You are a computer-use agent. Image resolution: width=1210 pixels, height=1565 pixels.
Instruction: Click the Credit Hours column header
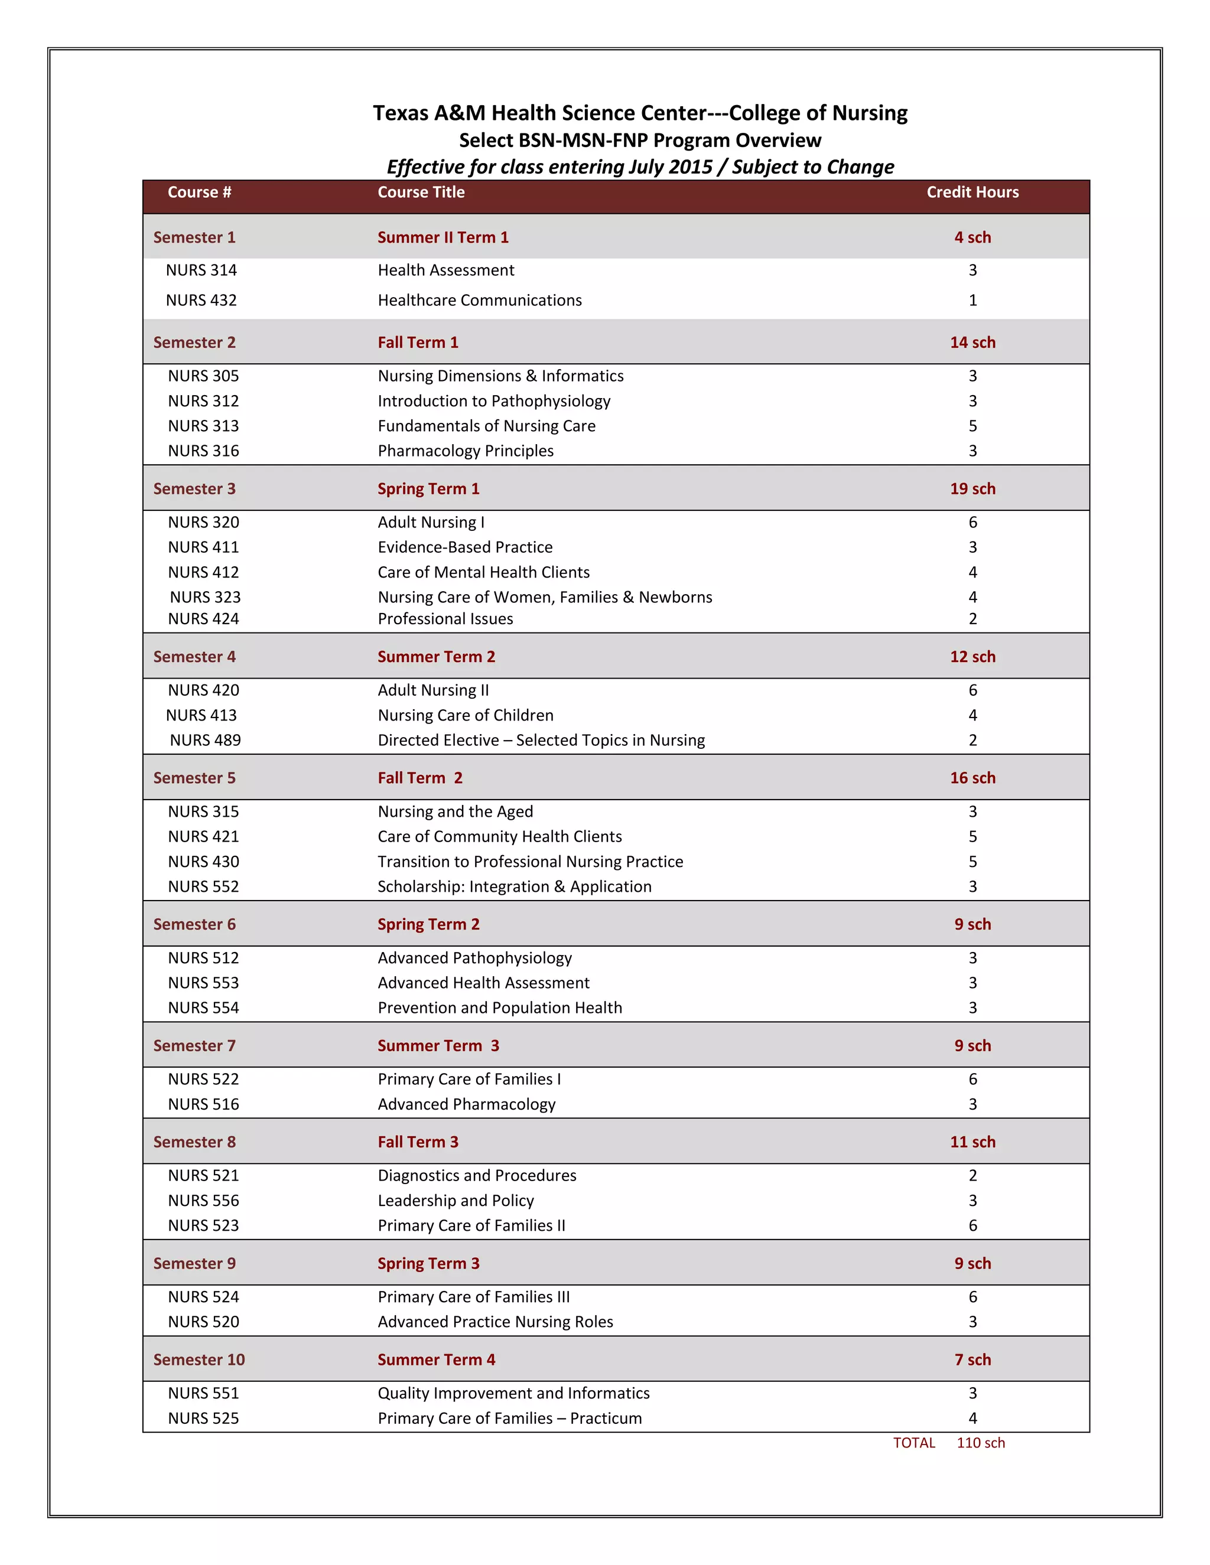972,192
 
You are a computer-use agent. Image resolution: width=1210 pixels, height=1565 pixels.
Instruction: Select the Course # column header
199,192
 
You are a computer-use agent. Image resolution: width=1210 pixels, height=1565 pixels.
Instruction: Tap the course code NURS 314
201,270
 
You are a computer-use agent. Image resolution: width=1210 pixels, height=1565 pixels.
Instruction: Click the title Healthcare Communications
480,300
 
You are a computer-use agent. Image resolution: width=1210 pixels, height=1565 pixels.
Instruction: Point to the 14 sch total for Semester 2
972,343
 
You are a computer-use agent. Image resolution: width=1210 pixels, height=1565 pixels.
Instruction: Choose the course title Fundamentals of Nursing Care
486,426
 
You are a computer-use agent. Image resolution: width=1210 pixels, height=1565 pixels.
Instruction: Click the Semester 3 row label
194,489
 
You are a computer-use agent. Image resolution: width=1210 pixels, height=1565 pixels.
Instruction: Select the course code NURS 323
205,597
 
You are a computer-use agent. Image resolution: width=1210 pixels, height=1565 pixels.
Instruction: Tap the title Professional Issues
445,618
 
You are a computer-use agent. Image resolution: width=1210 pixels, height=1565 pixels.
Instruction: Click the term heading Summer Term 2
436,656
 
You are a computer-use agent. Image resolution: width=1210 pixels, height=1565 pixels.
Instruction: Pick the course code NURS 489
205,740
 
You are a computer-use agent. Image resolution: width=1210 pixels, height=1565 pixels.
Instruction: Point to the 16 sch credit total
972,778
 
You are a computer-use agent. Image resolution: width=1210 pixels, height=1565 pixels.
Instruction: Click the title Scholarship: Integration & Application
515,886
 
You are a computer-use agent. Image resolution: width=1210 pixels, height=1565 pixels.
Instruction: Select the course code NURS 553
204,983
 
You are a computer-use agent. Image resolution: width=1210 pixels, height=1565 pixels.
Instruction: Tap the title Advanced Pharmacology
467,1104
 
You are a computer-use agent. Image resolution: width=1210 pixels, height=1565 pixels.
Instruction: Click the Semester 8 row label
194,1142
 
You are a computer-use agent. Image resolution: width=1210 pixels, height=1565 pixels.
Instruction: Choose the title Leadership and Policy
456,1200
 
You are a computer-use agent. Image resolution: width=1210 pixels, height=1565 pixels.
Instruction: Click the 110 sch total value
981,1443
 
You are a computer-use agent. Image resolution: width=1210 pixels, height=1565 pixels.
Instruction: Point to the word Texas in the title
400,113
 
